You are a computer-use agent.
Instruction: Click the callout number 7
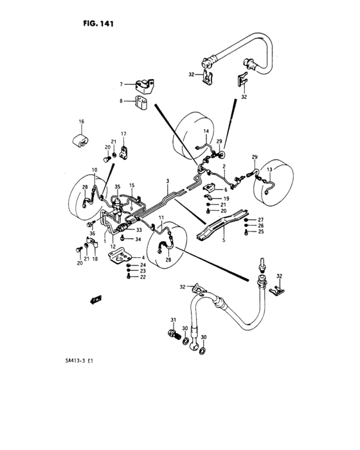pos(120,84)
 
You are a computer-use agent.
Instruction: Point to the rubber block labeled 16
pos(80,139)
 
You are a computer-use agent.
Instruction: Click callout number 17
pos(123,134)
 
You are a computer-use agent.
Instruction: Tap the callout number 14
pos(207,132)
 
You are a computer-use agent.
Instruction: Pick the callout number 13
pos(270,170)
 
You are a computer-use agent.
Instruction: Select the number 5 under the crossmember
pos(223,241)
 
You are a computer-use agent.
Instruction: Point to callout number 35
pos(118,187)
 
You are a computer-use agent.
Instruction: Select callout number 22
pos(143,277)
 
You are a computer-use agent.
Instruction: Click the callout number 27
pos(262,219)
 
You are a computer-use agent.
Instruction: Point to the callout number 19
pos(226,199)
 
